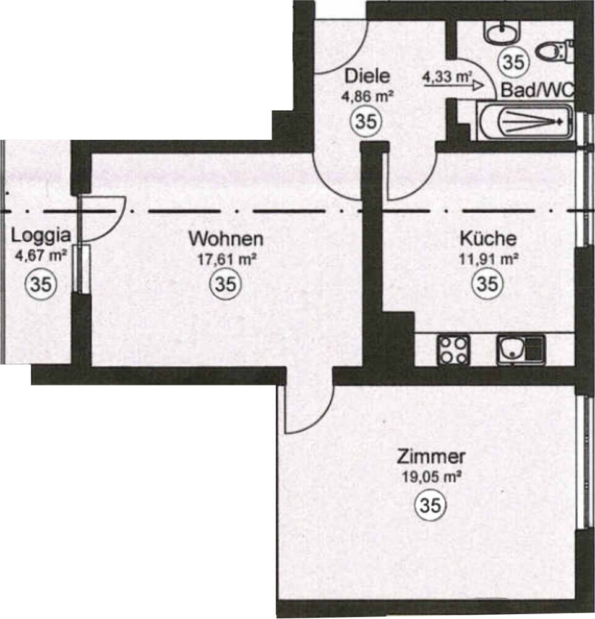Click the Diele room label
[367, 76]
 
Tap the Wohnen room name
[226, 239]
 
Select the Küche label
[488, 238]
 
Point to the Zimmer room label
[431, 457]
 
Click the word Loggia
[41, 236]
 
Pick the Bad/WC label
[537, 90]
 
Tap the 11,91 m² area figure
[488, 259]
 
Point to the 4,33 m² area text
[448, 77]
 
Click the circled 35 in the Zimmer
[430, 504]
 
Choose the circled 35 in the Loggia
[41, 284]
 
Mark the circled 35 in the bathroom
[514, 61]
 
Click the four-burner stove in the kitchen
[453, 350]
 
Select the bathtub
[524, 121]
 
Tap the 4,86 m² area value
[367, 96]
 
